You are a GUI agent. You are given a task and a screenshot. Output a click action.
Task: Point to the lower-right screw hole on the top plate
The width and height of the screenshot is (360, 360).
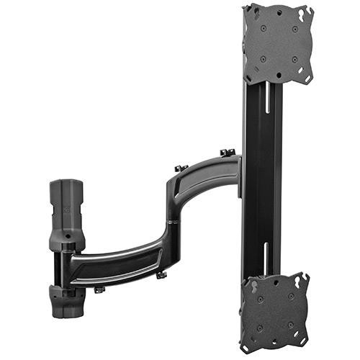click(x=295, y=59)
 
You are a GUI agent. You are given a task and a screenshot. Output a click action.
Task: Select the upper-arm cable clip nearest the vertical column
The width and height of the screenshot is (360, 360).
click(x=228, y=153)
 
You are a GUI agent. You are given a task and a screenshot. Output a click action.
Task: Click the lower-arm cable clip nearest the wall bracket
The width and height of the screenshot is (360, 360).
click(x=99, y=289)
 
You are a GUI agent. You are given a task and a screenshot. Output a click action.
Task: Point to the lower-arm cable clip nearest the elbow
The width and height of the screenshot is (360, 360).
click(x=161, y=274)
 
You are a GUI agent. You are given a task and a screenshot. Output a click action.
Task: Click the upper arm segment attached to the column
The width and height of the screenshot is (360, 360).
click(x=209, y=176)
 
